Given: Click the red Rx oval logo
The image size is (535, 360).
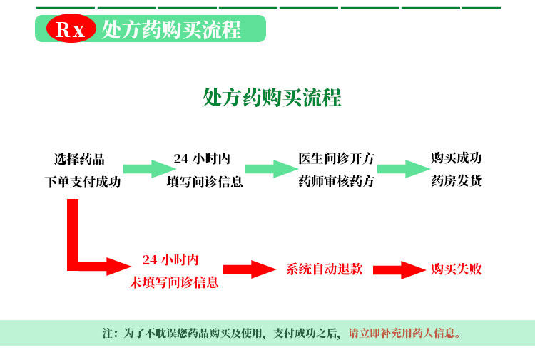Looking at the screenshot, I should point(70,30).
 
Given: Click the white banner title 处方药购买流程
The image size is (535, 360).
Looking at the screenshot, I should point(171,30).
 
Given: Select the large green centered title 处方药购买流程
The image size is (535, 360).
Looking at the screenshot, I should point(272,97).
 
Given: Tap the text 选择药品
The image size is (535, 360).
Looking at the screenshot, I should point(79,158).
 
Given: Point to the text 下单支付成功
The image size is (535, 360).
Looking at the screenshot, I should point(83,182).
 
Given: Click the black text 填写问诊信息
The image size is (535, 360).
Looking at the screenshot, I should point(205,182).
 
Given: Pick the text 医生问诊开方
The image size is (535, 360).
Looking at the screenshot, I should point(336,158).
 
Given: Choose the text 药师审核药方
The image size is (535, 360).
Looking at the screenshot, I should point(336,182).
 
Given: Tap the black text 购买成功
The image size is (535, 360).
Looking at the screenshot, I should point(456,158).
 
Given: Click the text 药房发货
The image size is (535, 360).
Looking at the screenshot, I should point(456,181).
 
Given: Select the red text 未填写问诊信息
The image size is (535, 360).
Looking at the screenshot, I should point(174,282).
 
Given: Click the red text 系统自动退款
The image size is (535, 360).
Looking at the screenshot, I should point(325,269).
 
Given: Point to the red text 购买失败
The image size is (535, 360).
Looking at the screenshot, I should point(456,269).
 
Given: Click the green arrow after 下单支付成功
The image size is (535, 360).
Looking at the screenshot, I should point(148,169).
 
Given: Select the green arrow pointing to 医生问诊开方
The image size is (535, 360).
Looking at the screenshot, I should point(270,169).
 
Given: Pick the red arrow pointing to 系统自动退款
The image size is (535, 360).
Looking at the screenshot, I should point(250,269).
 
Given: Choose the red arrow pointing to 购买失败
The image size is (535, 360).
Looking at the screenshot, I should point(399,269).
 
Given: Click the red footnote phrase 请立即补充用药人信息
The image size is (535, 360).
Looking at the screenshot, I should point(404,333).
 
